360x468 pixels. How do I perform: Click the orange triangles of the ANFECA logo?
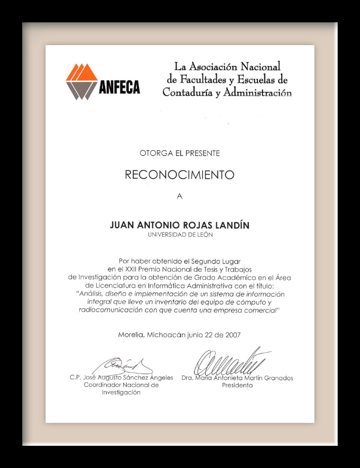pyautogui.click(x=81, y=72)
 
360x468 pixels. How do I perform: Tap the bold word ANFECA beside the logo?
pyautogui.click(x=120, y=87)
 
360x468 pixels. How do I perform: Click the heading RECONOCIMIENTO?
pyautogui.click(x=180, y=174)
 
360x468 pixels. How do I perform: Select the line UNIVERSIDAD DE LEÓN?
pyautogui.click(x=180, y=235)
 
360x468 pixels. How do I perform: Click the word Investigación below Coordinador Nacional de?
pyautogui.click(x=121, y=392)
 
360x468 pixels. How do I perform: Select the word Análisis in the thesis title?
pyautogui.click(x=94, y=294)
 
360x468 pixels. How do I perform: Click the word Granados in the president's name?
pyautogui.click(x=276, y=378)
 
